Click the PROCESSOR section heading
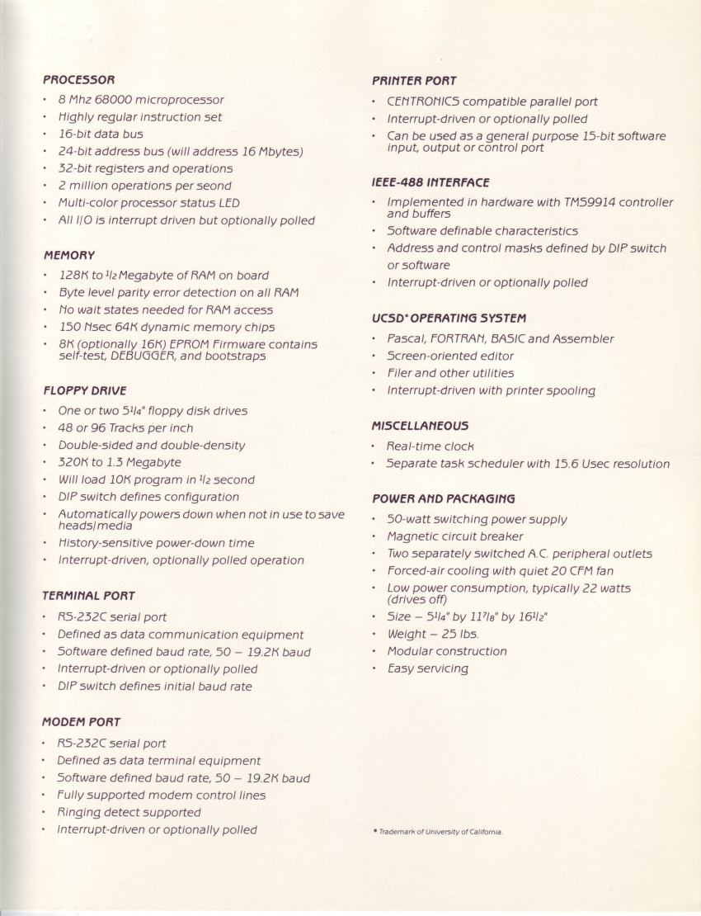point(78,80)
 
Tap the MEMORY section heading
point(68,255)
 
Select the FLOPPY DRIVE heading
point(84,390)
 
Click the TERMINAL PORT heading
point(88,595)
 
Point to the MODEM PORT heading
point(81,721)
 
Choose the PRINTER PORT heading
point(413,81)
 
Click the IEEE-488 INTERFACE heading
point(430,182)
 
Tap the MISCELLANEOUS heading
point(420,426)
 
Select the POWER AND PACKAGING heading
point(443,498)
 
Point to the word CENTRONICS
point(423,102)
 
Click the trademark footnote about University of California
point(440,832)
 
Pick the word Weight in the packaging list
point(407,634)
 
